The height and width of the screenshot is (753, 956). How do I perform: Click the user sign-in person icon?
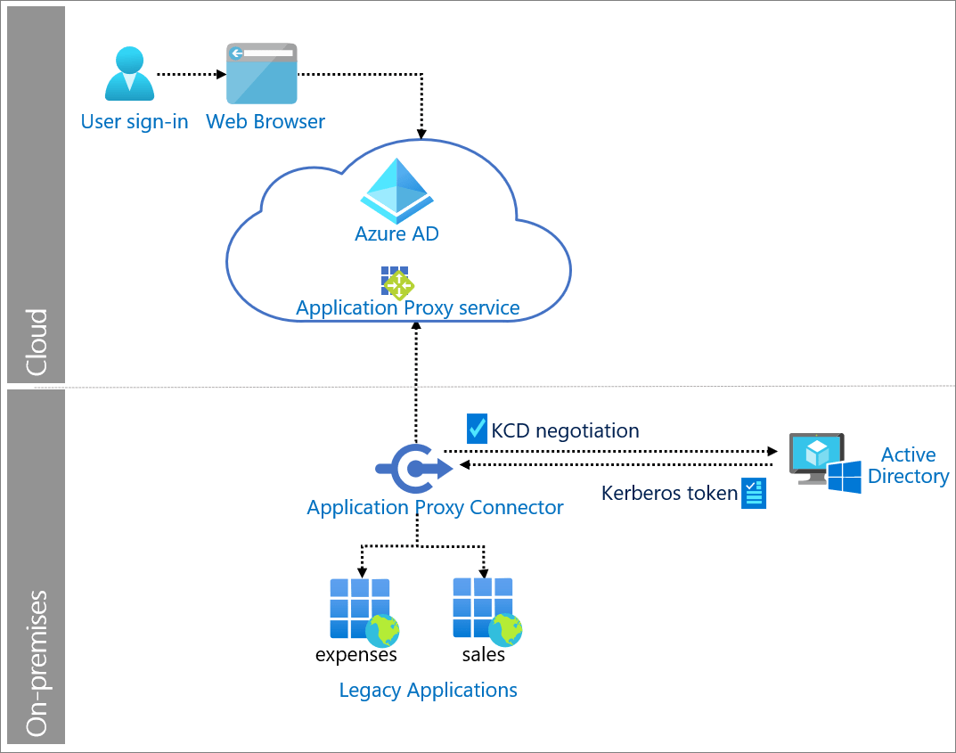(129, 75)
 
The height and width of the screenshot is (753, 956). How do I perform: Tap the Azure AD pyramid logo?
(396, 191)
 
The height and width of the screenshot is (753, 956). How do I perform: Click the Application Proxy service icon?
(396, 282)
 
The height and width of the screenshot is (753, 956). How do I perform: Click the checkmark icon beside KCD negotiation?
(477, 429)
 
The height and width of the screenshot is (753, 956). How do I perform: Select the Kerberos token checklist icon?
(754, 493)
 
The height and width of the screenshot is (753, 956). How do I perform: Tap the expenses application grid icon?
(360, 609)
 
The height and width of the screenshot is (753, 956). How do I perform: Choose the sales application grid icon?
(483, 608)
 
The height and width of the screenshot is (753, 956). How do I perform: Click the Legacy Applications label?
(428, 691)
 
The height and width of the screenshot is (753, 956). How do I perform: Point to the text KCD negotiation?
(565, 431)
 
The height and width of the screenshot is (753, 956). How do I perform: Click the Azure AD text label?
(396, 234)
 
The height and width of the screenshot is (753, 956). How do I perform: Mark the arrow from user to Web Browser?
(188, 75)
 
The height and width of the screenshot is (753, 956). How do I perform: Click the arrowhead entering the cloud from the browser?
(421, 134)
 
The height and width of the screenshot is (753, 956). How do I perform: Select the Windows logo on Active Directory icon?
(844, 478)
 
